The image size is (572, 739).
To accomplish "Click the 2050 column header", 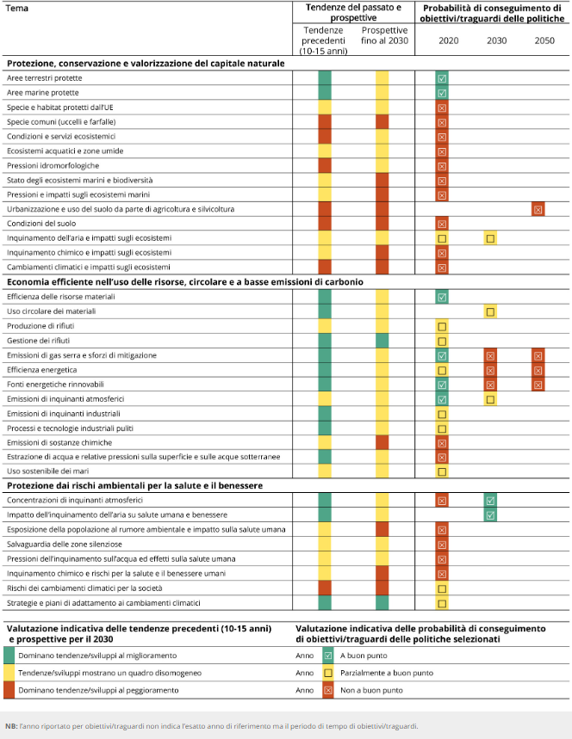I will click(544, 40).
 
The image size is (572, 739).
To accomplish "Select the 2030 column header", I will click(496, 40).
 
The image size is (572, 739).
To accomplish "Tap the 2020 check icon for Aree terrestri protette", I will click(442, 78).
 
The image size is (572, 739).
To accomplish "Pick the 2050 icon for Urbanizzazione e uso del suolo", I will click(538, 209).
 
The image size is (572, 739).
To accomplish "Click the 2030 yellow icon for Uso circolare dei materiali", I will click(490, 311).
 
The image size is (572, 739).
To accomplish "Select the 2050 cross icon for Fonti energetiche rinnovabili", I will click(538, 385).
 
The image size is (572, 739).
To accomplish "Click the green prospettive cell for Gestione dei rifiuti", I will click(382, 341).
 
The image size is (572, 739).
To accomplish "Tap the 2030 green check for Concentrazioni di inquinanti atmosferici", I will click(490, 500).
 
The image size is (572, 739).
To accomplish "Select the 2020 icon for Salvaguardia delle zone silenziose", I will click(442, 544).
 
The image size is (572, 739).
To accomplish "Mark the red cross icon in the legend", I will click(327, 690).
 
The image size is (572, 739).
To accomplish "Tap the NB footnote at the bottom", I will click(210, 726).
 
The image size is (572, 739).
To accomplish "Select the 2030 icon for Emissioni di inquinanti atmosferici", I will click(490, 399).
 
